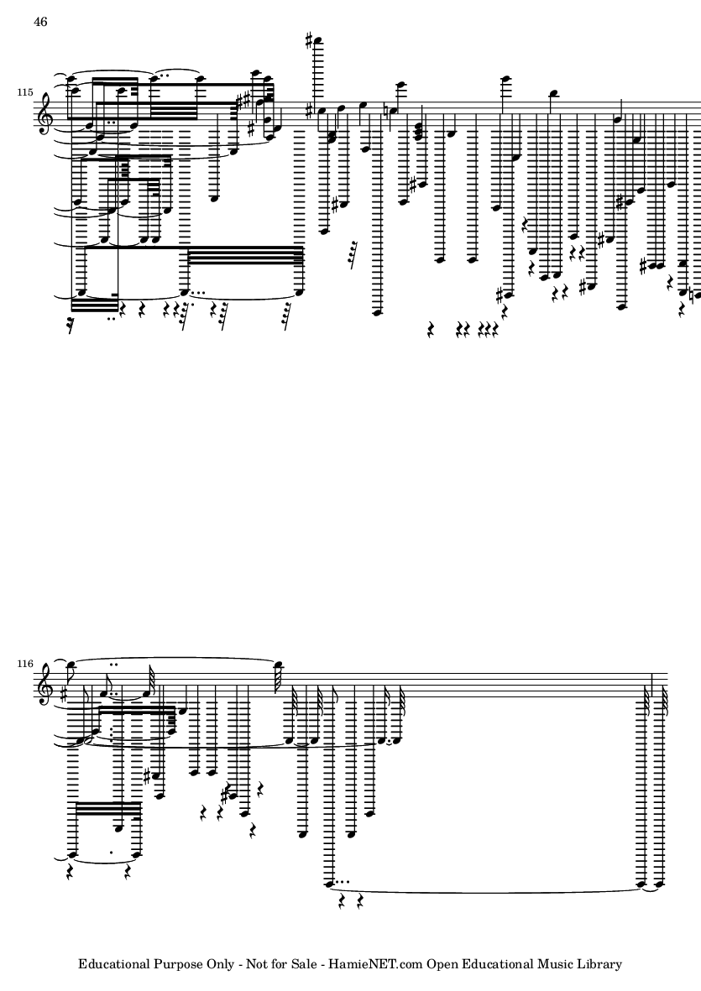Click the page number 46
40,22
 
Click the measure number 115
25,92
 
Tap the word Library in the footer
600,964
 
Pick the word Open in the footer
441,964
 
